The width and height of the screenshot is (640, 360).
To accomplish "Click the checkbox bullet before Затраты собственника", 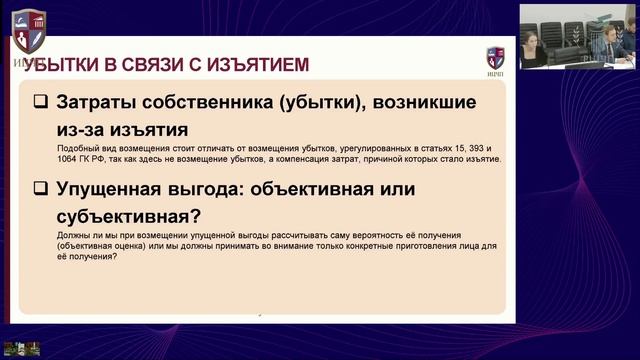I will coord(40,102).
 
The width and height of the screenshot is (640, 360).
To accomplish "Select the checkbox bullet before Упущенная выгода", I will coord(40,189).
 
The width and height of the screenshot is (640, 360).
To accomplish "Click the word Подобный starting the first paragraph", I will coord(77,148).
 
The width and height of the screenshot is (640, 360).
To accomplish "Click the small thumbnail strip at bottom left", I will coord(20,349).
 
